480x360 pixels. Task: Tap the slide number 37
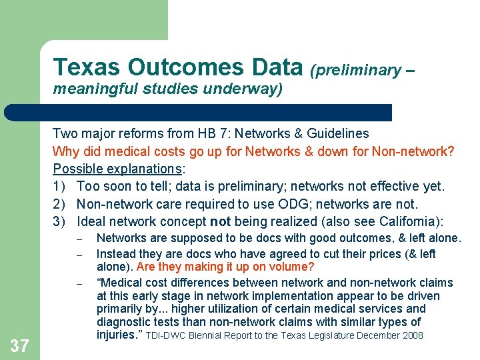point(20,345)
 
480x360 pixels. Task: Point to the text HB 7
point(212,133)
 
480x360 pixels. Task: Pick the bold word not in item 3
point(221,221)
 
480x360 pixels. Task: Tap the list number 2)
point(60,204)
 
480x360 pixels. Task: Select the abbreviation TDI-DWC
point(164,335)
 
